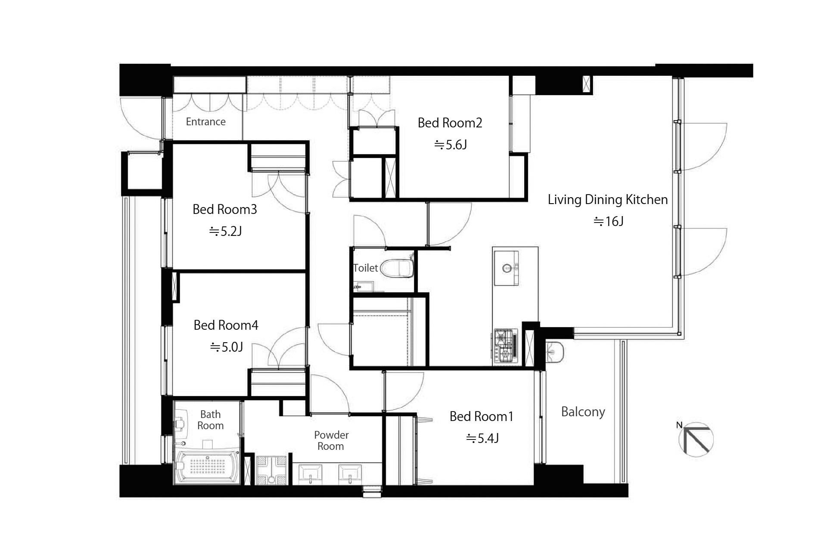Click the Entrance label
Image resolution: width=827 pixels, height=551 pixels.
pyautogui.click(x=205, y=122)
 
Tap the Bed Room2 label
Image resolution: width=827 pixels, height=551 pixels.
pyautogui.click(x=450, y=123)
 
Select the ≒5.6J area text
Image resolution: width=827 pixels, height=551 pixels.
pyautogui.click(x=451, y=145)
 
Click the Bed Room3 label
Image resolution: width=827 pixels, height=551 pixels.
pyautogui.click(x=225, y=210)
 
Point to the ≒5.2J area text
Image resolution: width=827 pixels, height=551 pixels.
pyautogui.click(x=225, y=232)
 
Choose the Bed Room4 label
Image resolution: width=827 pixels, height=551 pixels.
pyautogui.click(x=226, y=325)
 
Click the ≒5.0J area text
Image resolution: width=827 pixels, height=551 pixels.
pyautogui.click(x=227, y=347)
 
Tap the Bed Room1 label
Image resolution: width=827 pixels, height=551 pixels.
pyautogui.click(x=482, y=417)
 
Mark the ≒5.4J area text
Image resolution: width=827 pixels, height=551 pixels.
pyautogui.click(x=482, y=438)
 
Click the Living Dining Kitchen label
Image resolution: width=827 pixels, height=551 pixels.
pyautogui.click(x=608, y=200)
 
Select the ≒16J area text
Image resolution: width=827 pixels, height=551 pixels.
pyautogui.click(x=609, y=221)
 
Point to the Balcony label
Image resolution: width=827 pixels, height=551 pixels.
pyautogui.click(x=583, y=412)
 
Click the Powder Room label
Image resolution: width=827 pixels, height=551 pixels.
pyautogui.click(x=331, y=440)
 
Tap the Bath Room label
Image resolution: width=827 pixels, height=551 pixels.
pyautogui.click(x=211, y=420)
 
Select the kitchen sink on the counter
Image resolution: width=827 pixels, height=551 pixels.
pyautogui.click(x=506, y=269)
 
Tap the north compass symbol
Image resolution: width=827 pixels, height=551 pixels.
pyautogui.click(x=696, y=439)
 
